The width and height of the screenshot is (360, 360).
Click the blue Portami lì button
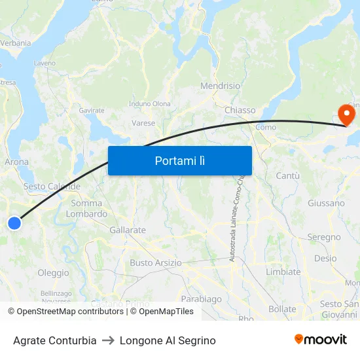point(179,160)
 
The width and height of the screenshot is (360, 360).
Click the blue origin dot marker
point(14,223)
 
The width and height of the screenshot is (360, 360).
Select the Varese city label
point(143,123)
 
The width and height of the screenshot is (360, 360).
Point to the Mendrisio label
point(220,86)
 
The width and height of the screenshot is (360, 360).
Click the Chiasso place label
point(240,110)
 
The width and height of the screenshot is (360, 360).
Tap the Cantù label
point(287,175)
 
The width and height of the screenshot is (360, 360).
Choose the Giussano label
point(326,203)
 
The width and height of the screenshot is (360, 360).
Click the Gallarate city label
point(128,230)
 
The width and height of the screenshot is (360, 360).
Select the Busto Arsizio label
point(156,262)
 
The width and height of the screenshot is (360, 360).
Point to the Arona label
point(17,162)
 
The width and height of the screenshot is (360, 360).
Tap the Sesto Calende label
point(52,187)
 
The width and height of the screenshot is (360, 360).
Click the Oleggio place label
point(53,273)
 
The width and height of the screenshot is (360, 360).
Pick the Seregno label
point(324,237)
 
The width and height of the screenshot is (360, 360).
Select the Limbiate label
point(283,272)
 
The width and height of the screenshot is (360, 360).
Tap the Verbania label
point(15,43)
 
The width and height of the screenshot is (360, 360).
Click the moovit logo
point(321,340)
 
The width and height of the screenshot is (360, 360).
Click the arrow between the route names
point(108,340)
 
